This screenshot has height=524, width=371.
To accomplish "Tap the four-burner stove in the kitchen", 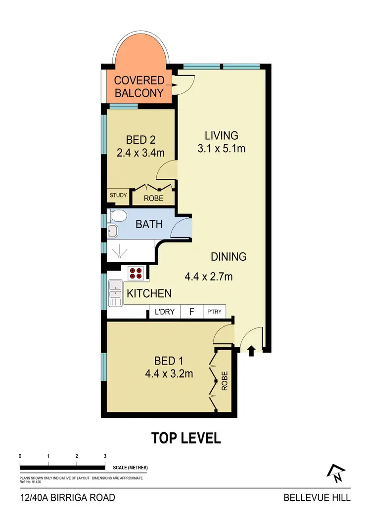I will tap(136, 273).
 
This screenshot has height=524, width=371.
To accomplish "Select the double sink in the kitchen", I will tap(116, 292).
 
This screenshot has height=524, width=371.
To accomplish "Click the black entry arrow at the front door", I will tap(251, 351).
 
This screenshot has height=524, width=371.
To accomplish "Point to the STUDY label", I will tap(118, 196).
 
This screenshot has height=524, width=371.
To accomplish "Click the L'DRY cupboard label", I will tap(165, 312).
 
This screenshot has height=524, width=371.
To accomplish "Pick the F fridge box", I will tap(191, 312).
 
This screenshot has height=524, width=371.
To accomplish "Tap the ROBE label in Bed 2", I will tap(153, 198).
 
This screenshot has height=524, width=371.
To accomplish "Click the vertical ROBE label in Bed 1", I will tap(225, 380).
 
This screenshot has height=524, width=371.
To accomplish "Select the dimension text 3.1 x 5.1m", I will tap(222, 148).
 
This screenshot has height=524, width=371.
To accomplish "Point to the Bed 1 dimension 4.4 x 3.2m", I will tap(169, 374).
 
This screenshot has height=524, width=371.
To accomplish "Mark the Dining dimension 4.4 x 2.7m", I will tap(208, 277).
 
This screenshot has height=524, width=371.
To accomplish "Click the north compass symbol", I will tap(335, 473).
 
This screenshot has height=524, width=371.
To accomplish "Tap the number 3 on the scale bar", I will tap(105, 456).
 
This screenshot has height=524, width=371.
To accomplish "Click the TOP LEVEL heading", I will tap(185, 438).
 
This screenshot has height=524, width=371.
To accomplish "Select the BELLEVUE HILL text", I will tap(317, 497).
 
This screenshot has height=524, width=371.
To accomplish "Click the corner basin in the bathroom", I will tap(113, 232).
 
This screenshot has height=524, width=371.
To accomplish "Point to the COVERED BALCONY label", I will tap(139, 86).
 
